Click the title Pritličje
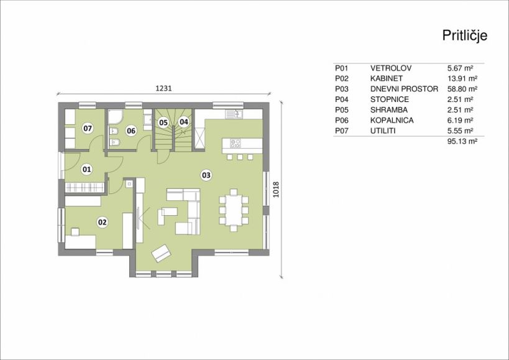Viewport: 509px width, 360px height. (464, 35)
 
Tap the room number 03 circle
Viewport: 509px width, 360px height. (206, 175)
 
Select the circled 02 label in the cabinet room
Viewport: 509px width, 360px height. (103, 223)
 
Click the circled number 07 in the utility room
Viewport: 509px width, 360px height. (88, 129)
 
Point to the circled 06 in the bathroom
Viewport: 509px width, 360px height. (131, 131)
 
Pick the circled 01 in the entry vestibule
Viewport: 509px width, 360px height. (86, 169)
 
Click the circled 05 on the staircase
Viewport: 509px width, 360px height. (163, 122)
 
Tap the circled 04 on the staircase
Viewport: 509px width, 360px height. (184, 122)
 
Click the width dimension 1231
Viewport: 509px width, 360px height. (163, 88)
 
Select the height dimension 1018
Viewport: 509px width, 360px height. (276, 189)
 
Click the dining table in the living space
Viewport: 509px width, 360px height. (234, 210)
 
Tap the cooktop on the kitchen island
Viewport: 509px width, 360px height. (236, 143)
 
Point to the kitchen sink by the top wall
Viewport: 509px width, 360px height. (234, 114)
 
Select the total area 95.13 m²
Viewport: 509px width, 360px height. (462, 141)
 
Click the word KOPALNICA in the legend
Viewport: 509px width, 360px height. (392, 121)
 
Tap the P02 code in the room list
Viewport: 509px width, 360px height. (341, 78)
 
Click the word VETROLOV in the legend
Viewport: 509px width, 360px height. (391, 68)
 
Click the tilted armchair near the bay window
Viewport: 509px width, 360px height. (161, 253)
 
